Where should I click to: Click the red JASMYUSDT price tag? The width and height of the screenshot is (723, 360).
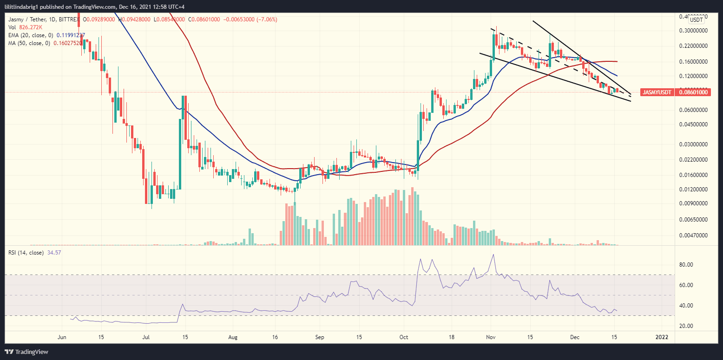[657, 92]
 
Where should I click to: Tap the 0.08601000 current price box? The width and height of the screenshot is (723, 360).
[693, 92]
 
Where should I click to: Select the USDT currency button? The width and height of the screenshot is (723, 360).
[696, 20]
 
